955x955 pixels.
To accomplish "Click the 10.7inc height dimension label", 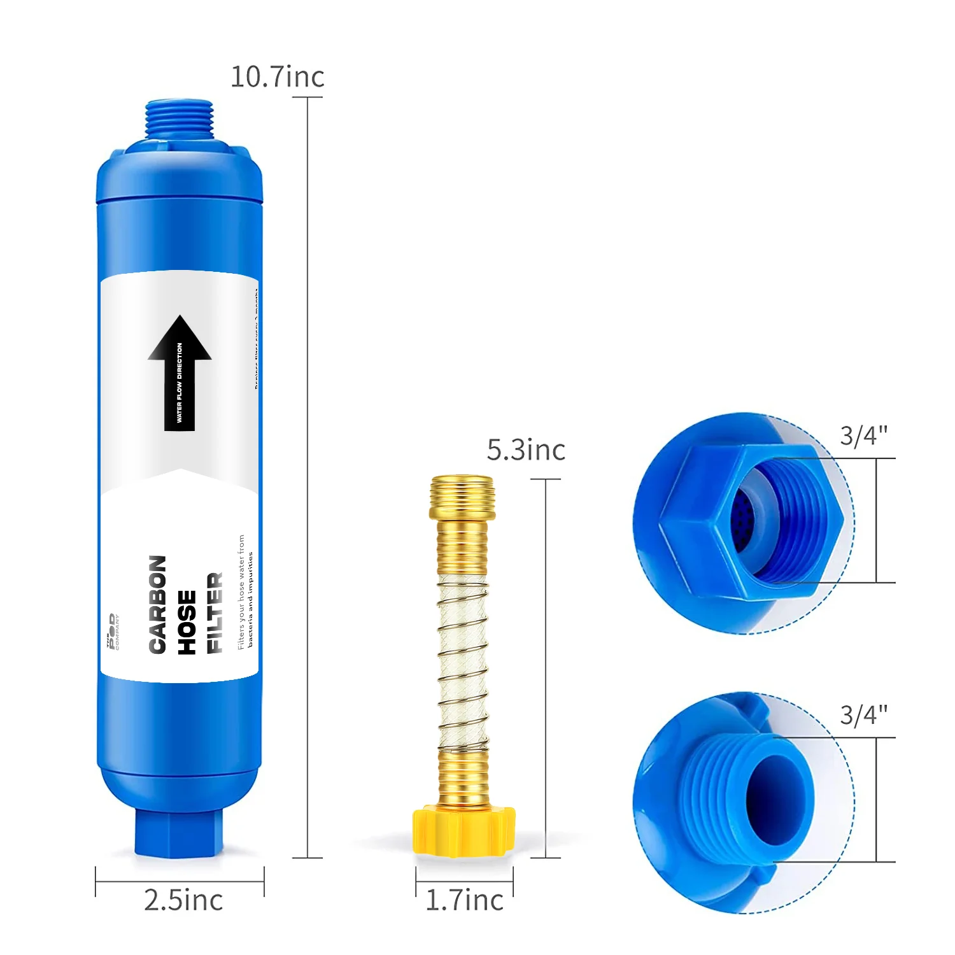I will coord(277,77).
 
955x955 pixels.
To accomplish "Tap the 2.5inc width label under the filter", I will coord(183,900).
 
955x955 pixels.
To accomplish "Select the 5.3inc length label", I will coord(526,450).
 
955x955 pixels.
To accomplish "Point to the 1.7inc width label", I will coord(464,900).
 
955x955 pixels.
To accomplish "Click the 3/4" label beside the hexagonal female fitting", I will coord(863,436).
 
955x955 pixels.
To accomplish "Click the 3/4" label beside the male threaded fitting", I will coord(863,715).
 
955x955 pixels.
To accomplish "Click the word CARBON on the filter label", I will coord(158,604).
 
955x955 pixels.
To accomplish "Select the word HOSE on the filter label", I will coord(187,622).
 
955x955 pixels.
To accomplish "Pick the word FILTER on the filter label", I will coord(215,612).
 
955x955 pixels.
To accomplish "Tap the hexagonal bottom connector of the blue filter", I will coord(179,831).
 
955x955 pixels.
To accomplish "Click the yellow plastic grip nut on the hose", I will coord(463,831).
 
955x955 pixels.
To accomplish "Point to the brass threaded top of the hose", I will coord(462,497).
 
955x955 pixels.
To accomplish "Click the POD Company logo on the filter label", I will coord(113,632).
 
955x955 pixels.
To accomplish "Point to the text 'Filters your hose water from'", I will coord(241,591).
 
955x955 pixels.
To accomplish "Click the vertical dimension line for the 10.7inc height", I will coord(308,478).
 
